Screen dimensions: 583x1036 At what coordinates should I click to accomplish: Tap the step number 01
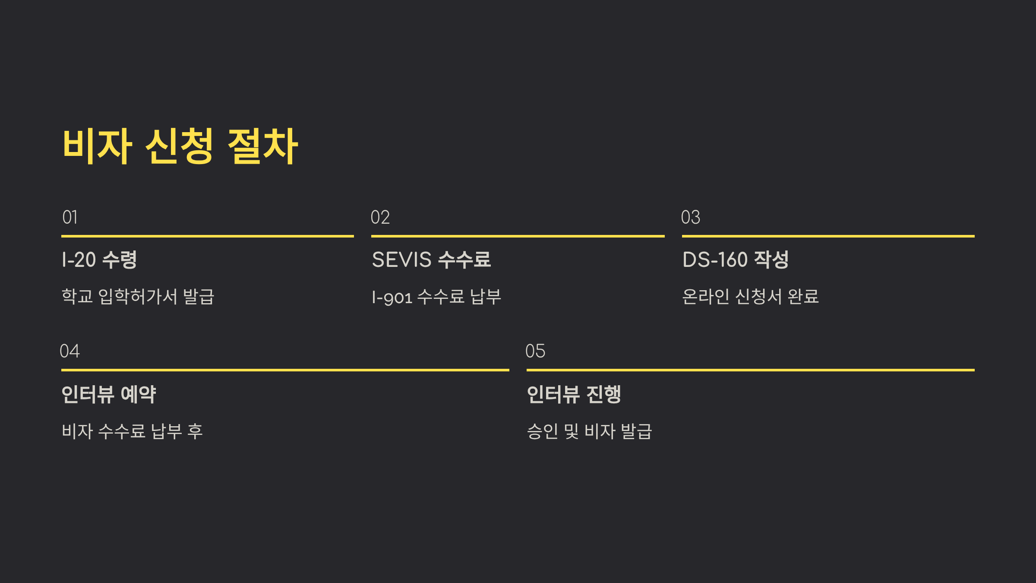(70, 217)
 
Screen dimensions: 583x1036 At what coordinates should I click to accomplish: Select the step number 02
(380, 217)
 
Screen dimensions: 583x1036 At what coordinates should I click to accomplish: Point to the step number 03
(690, 217)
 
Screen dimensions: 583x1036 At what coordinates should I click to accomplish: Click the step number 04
(69, 351)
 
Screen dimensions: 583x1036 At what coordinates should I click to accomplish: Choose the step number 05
(535, 351)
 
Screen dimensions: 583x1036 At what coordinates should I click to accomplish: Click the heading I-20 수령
(99, 260)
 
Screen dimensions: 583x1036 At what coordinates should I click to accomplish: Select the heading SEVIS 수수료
(431, 260)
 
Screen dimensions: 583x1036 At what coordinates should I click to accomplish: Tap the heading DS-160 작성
(736, 260)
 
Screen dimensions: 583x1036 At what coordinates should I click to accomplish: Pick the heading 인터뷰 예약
(109, 394)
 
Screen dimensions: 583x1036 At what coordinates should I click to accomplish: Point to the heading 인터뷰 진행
(574, 394)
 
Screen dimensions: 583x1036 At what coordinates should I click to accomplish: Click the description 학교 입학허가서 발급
(138, 297)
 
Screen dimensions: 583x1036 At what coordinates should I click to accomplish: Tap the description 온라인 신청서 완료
(750, 297)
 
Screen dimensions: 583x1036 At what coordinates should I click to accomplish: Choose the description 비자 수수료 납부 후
(132, 431)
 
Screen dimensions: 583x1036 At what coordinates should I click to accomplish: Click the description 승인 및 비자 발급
(589, 431)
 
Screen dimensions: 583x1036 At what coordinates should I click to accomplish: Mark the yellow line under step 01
(207, 236)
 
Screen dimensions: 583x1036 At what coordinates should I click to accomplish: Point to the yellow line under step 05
(750, 370)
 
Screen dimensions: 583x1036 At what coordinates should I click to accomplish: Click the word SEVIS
(401, 260)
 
